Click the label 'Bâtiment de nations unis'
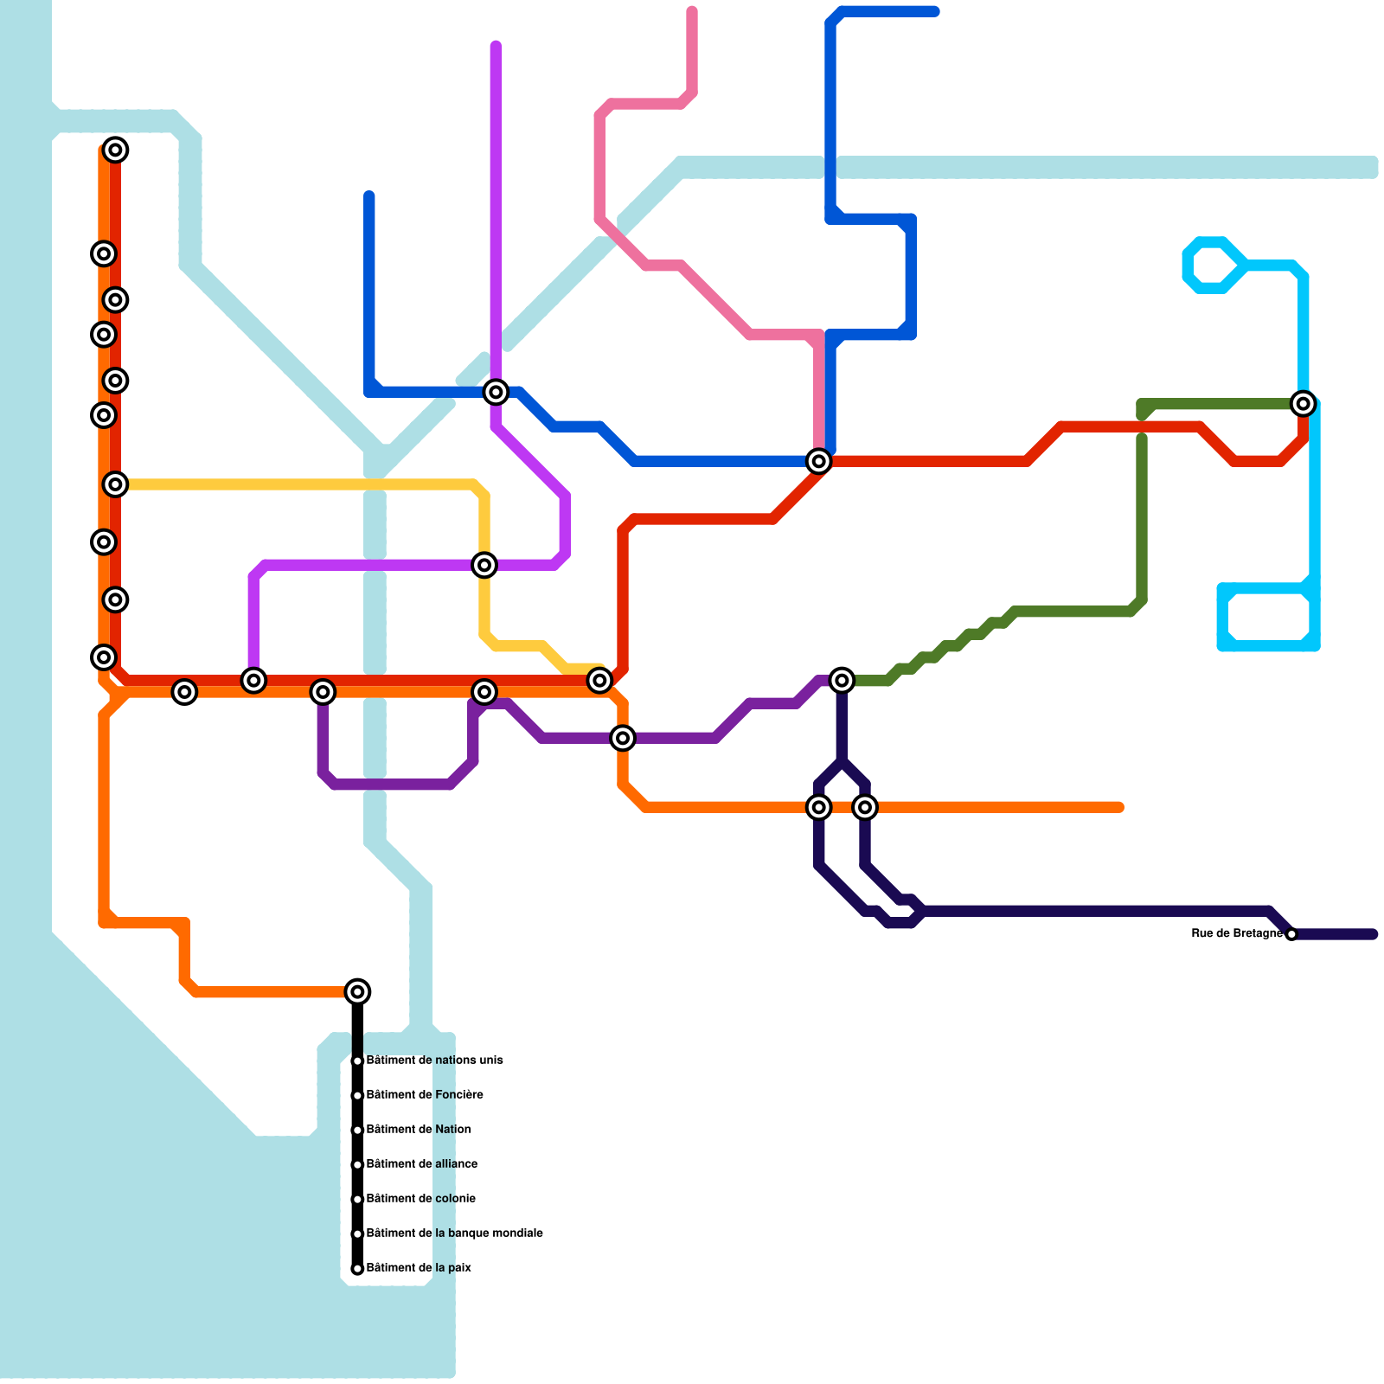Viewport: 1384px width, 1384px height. pyautogui.click(x=434, y=1060)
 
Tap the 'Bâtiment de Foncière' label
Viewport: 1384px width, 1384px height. pyautogui.click(x=424, y=1095)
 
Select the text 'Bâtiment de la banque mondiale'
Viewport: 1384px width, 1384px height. pyautogui.click(x=454, y=1233)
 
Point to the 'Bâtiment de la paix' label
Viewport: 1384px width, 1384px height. pyautogui.click(x=419, y=1268)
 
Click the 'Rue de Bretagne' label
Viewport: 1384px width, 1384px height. pyautogui.click(x=1236, y=934)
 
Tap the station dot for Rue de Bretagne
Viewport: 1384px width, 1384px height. pyautogui.click(x=1291, y=934)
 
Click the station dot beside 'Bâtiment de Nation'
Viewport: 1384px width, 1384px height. pyautogui.click(x=357, y=1131)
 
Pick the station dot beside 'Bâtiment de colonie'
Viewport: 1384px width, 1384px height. pyautogui.click(x=357, y=1200)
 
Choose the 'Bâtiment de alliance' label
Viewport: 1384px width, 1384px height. pyautogui.click(x=421, y=1164)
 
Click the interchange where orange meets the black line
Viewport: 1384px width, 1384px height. pyautogui.click(x=357, y=991)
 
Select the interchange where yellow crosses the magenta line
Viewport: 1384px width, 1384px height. pyautogui.click(x=485, y=566)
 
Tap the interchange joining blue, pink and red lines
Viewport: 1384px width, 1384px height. pyautogui.click(x=818, y=462)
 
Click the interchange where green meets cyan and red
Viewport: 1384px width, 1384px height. pyautogui.click(x=1303, y=403)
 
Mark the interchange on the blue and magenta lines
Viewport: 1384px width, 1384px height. pyautogui.click(x=496, y=393)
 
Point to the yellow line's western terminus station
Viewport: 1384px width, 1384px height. pyautogui.click(x=116, y=484)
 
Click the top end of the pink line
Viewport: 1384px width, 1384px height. pyautogui.click(x=692, y=11)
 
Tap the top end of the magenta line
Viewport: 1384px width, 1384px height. pyautogui.click(x=496, y=45)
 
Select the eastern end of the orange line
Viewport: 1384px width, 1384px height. pyautogui.click(x=1119, y=808)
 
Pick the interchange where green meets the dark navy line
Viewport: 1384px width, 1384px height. pyautogui.click(x=842, y=681)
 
